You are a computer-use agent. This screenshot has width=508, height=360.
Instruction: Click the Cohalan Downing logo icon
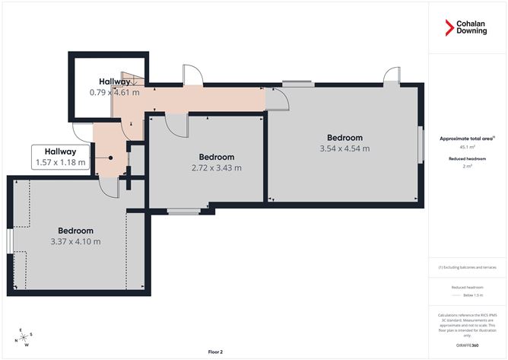point(449,29)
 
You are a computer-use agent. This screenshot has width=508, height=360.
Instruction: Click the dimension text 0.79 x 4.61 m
point(115,92)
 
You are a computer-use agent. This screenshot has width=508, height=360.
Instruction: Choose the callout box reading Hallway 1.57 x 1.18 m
point(60,157)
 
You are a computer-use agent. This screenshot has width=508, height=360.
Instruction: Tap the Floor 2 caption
point(217,352)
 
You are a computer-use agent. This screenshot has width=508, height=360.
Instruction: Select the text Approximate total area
point(465,139)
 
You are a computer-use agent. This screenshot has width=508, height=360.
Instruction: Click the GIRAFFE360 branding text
point(467,345)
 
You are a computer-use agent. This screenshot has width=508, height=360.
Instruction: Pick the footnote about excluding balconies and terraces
point(467,267)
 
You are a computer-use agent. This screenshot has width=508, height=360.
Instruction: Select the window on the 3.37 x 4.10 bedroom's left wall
point(9,241)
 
